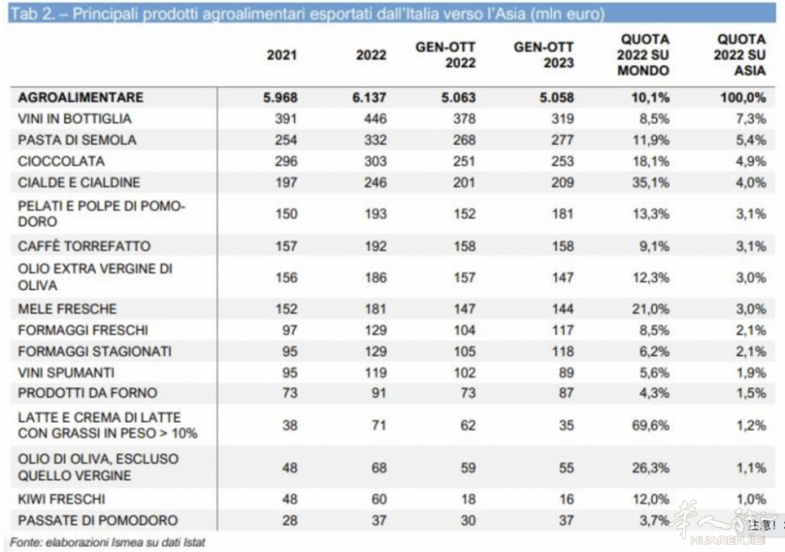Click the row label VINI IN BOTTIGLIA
click(74, 119)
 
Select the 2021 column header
click(282, 56)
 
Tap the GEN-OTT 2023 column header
click(544, 55)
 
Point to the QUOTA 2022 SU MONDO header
click(644, 55)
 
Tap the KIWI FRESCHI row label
click(60, 499)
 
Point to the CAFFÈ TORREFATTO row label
click(83, 246)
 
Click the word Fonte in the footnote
click(25, 542)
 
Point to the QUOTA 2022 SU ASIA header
click(740, 55)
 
